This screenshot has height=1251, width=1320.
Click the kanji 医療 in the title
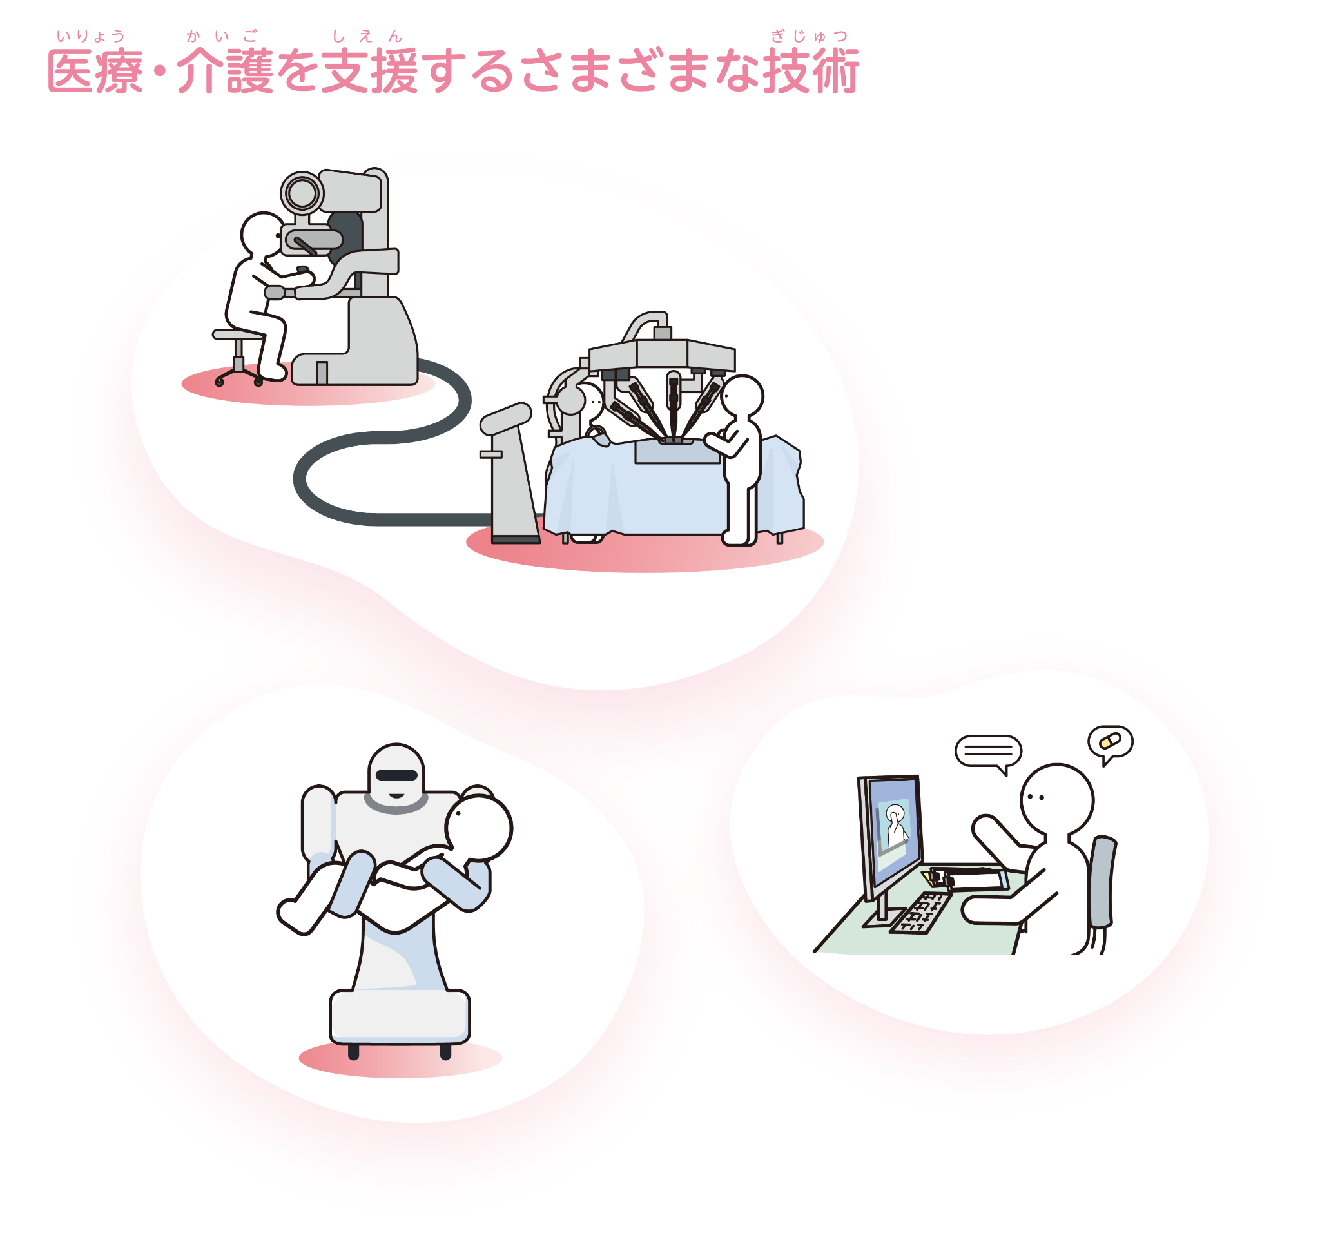coord(95,72)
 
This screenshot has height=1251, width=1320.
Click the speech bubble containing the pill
coord(1110,742)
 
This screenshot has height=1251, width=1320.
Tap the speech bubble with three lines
coord(988,752)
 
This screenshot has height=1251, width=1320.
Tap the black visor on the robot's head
coord(396,775)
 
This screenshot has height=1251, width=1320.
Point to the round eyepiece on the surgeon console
coord(302,194)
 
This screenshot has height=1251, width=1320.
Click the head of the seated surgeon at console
coord(262,233)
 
